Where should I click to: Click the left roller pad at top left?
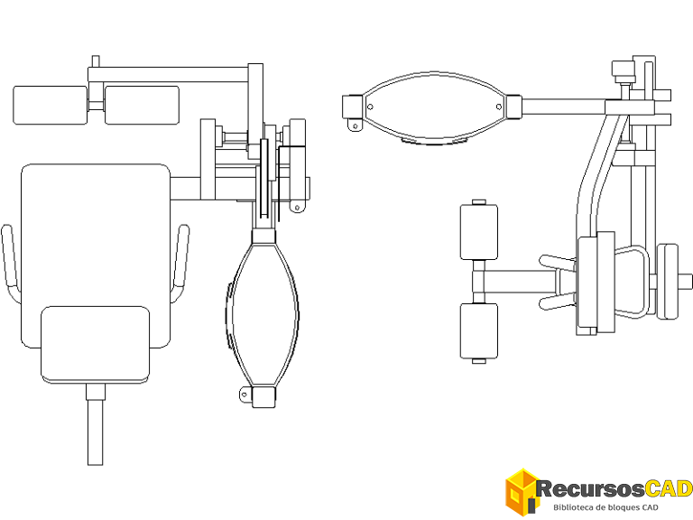pyautogui.click(x=50, y=106)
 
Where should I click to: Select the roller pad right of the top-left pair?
pyautogui.click(x=142, y=106)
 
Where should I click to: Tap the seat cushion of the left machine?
pyautogui.click(x=95, y=344)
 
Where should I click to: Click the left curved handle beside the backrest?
pyautogui.click(x=11, y=264)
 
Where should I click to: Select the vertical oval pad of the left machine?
pyautogui.click(x=263, y=314)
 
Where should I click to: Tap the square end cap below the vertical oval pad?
pyautogui.click(x=263, y=397)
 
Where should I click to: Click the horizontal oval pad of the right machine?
pyautogui.click(x=435, y=107)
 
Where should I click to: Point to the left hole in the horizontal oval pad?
pyautogui.click(x=370, y=107)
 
